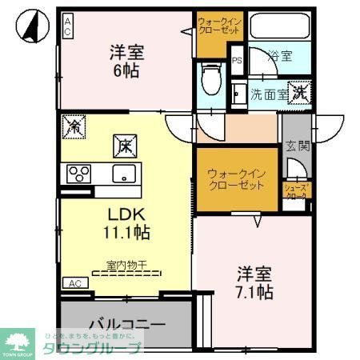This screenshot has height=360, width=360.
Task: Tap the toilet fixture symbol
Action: (x=211, y=78)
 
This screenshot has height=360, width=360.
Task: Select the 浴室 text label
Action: (x=280, y=58)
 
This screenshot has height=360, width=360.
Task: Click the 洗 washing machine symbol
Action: (x=298, y=92)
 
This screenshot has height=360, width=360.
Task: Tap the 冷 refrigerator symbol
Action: (x=74, y=126)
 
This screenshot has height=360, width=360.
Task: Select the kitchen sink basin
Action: (x=125, y=173)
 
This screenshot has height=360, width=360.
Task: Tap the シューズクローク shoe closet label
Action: (x=296, y=192)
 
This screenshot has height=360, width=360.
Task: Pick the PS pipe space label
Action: (x=237, y=59)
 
